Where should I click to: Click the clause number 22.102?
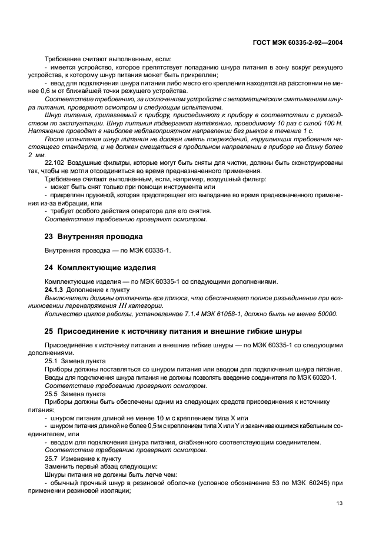point(55,176)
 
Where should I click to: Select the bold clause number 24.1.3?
point(55,290)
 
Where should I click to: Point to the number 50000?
point(324,314)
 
